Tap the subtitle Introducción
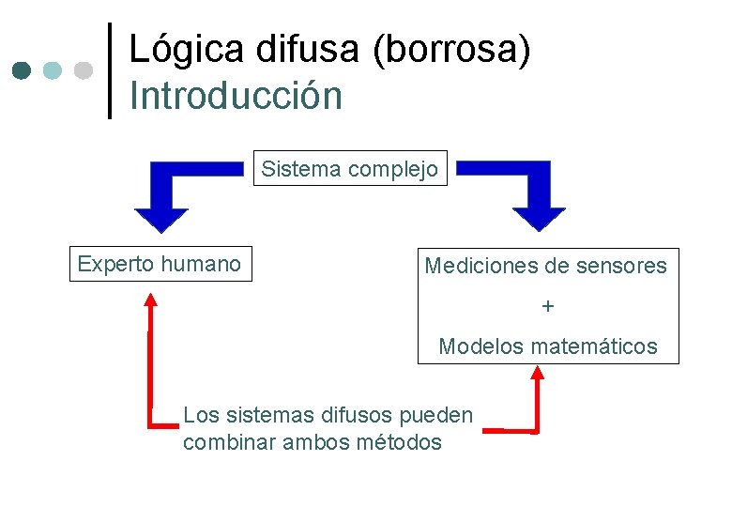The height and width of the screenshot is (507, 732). coord(236,96)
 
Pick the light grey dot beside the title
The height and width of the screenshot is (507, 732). coord(84,70)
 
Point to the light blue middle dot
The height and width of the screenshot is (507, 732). coord(53,70)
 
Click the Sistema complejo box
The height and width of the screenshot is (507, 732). coord(350,169)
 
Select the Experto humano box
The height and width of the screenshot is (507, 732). coord(160,264)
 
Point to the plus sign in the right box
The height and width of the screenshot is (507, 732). coord(548,306)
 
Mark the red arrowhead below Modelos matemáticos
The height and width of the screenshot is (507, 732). coord(538,373)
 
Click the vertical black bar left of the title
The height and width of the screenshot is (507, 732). coord(109,70)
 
